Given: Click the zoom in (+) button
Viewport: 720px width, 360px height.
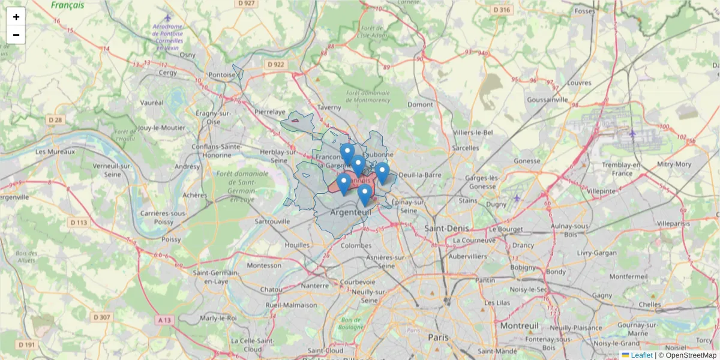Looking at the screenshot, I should [16, 17].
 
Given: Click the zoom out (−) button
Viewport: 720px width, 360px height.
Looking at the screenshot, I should [16, 35].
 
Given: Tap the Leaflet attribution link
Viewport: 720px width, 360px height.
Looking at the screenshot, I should [641, 355].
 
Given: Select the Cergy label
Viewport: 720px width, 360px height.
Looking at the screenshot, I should [167, 73].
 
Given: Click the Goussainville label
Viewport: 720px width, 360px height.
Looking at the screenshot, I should [547, 100].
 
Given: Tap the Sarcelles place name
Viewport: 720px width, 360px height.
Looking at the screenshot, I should [466, 148].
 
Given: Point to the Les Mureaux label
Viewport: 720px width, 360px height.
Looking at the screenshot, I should [55, 152].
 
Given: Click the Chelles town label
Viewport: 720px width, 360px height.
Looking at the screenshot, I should [650, 304].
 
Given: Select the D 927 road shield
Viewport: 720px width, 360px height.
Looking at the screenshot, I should [247, 4].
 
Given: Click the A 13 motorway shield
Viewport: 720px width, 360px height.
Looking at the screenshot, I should [164, 320].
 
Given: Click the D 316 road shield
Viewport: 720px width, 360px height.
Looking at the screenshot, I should [501, 10].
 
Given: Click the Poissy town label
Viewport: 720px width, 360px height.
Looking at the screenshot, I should [171, 239].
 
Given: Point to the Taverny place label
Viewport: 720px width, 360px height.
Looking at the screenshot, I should [329, 107].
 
